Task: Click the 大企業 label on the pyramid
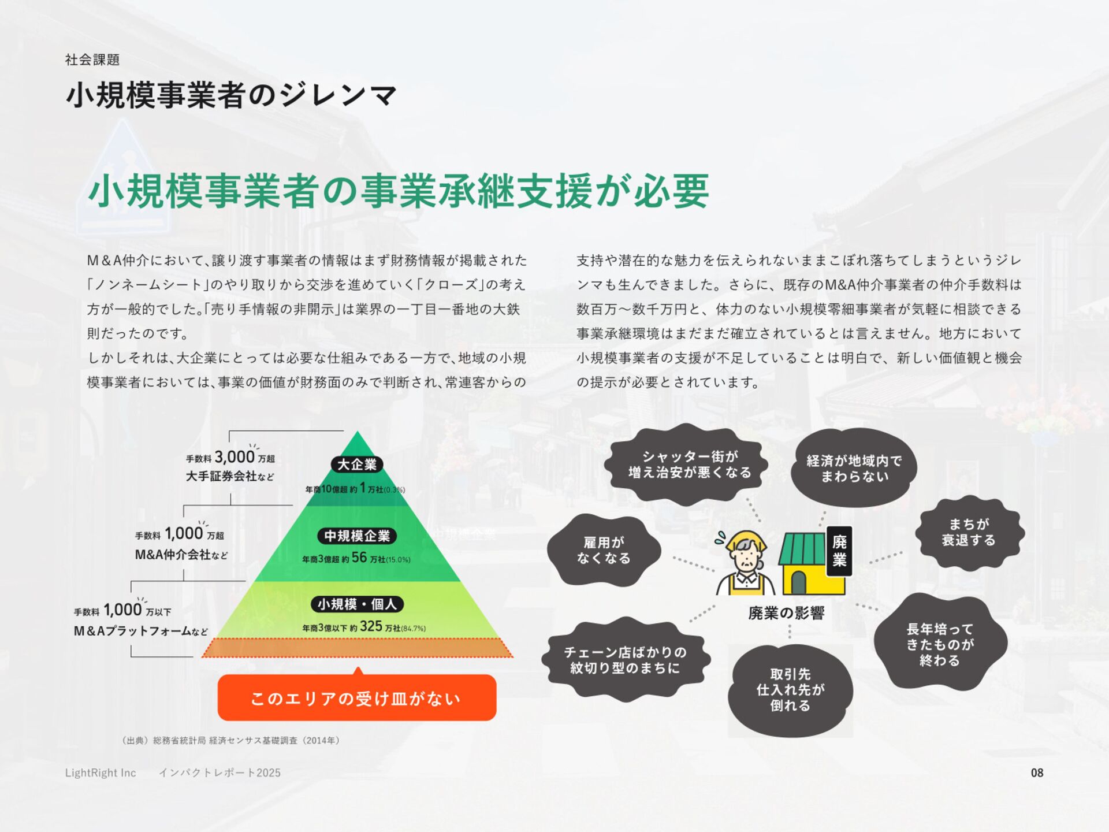356,465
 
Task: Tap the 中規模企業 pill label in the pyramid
356,536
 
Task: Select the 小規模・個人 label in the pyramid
356,604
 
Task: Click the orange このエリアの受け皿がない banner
356,698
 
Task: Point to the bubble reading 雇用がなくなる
604,550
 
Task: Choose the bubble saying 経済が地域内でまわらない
854,468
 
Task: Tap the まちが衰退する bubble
969,532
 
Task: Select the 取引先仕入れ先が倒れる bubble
790,690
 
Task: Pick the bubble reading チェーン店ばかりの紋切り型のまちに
625,660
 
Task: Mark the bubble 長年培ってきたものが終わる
940,644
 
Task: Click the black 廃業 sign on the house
839,550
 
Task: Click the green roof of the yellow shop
803,548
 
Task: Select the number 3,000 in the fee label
234,457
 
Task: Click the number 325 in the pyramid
371,626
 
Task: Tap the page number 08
1037,772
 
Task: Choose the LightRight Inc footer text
101,772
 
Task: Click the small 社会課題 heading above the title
92,60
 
